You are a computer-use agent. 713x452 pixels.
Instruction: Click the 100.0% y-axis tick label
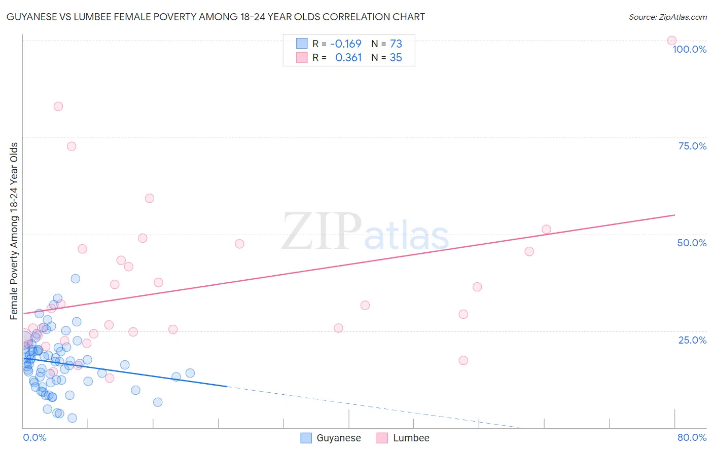click(x=689, y=49)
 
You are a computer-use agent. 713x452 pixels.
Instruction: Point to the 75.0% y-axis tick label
click(x=692, y=146)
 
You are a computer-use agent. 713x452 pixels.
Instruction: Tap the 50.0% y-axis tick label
click(x=692, y=243)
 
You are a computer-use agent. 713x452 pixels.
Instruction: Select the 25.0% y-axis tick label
click(x=692, y=340)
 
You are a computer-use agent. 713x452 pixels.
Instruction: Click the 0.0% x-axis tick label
click(x=34, y=437)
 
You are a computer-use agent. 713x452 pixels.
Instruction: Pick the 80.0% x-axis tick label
click(x=692, y=437)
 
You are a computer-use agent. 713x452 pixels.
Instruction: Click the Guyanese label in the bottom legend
click(x=339, y=438)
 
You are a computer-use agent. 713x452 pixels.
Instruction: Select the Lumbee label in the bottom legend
click(x=411, y=438)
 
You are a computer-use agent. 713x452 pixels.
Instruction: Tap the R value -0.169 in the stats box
click(x=346, y=44)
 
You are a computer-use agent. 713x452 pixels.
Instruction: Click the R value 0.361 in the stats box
click(x=348, y=58)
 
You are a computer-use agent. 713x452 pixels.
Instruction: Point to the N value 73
click(x=396, y=44)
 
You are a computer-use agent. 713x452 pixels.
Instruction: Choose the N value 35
click(x=396, y=58)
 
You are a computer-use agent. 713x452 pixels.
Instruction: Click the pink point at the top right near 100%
click(x=671, y=41)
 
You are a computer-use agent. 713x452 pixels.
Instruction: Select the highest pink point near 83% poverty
click(x=58, y=106)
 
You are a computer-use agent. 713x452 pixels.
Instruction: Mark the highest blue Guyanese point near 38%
click(x=76, y=279)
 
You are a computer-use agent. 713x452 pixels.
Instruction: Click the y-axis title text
click(x=14, y=231)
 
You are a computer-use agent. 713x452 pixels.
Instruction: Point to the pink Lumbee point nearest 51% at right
click(x=546, y=230)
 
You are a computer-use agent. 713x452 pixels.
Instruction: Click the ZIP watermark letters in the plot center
click(x=322, y=232)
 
